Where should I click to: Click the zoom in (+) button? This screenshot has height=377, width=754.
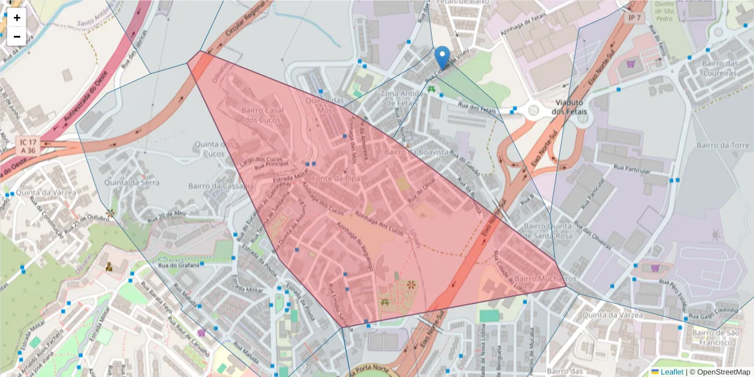pyautogui.click(x=17, y=18)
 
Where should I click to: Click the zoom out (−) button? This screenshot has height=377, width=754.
pyautogui.click(x=17, y=36)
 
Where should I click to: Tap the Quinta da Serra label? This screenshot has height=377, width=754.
pyautogui.click(x=123, y=182)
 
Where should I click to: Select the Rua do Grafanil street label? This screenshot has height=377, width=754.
pyautogui.click(x=178, y=265)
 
